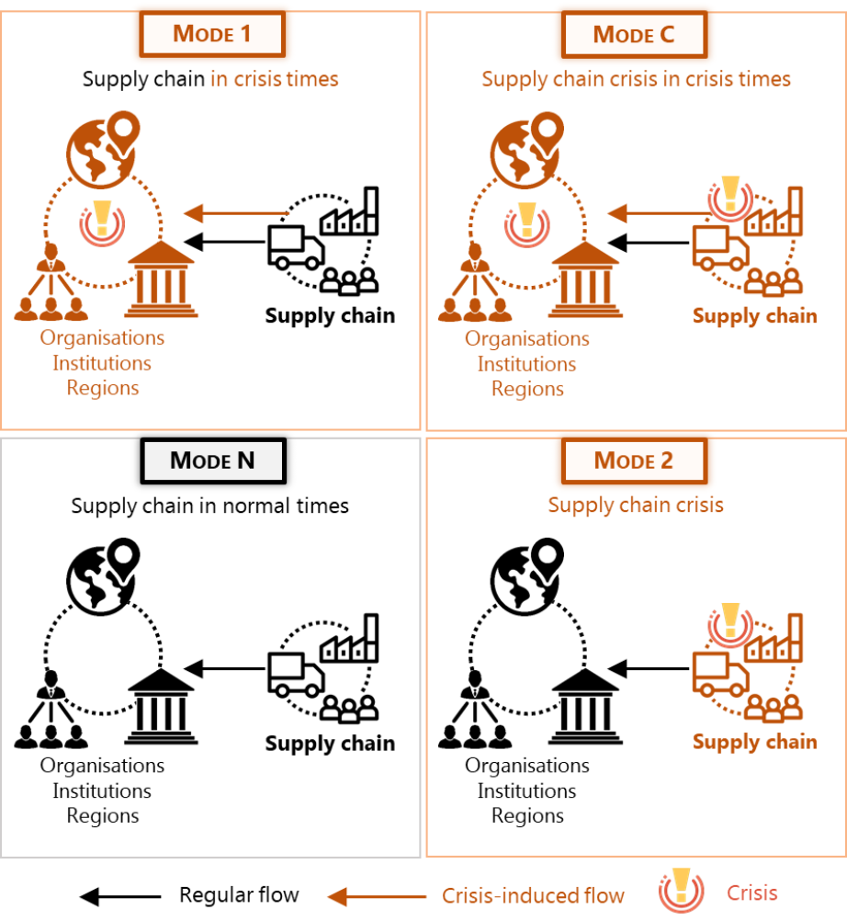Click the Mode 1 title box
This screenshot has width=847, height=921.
(212, 34)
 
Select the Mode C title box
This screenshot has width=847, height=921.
(634, 34)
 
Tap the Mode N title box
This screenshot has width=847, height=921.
(212, 460)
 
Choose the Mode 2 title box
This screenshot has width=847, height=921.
(634, 460)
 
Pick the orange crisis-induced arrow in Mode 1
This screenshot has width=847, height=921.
(226, 214)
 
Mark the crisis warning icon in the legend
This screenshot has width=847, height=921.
(681, 893)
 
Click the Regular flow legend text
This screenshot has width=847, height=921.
(239, 894)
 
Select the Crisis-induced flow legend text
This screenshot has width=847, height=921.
(533, 894)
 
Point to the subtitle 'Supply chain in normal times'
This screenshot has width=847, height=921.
(210, 506)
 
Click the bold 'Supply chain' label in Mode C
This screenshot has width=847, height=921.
(754, 316)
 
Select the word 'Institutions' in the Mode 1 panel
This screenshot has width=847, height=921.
(102, 363)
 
